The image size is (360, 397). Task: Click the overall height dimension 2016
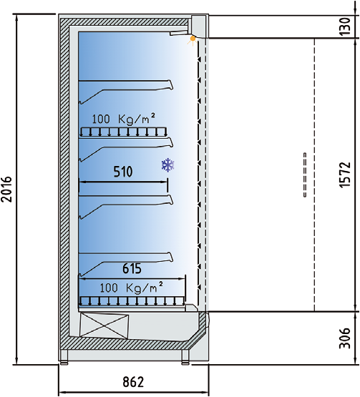tap(6, 189)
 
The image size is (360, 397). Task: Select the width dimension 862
tap(133, 382)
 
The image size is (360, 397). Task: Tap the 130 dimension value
tap(345, 26)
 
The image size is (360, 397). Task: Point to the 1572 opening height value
tap(345, 175)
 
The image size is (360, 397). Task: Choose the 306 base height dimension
tap(345, 338)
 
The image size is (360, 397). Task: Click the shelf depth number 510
tap(123, 172)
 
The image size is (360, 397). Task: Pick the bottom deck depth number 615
tap(132, 268)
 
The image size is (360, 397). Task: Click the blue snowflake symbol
tap(168, 165)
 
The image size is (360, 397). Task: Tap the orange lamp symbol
tap(193, 39)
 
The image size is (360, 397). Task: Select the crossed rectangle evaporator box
tap(104, 325)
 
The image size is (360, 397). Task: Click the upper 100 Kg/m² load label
tap(123, 119)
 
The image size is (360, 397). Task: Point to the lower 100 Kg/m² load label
tap(131, 288)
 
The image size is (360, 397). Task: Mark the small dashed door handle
tap(305, 175)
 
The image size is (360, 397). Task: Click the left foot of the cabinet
tap(64, 363)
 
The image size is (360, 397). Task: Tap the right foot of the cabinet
tap(185, 363)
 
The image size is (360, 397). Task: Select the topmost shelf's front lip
tap(171, 84)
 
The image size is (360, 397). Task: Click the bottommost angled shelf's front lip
tap(171, 257)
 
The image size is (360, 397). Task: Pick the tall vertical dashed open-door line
tap(314, 175)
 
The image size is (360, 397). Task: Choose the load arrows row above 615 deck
tap(132, 301)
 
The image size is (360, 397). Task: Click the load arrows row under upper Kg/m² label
tap(123, 132)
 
